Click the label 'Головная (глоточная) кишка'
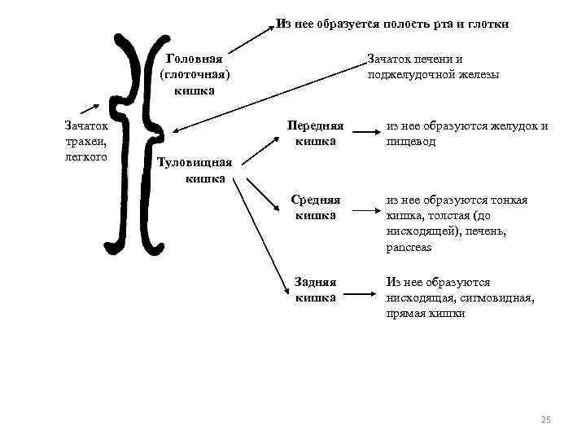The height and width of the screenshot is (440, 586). (195, 74)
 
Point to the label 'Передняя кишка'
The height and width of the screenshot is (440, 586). (316, 134)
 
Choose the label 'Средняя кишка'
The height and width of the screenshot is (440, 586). (316, 208)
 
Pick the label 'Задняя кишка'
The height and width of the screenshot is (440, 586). (316, 289)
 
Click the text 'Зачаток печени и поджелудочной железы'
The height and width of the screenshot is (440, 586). (433, 67)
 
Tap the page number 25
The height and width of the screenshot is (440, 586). (545, 420)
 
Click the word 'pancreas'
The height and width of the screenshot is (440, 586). (409, 247)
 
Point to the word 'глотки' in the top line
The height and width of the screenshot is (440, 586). (490, 24)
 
